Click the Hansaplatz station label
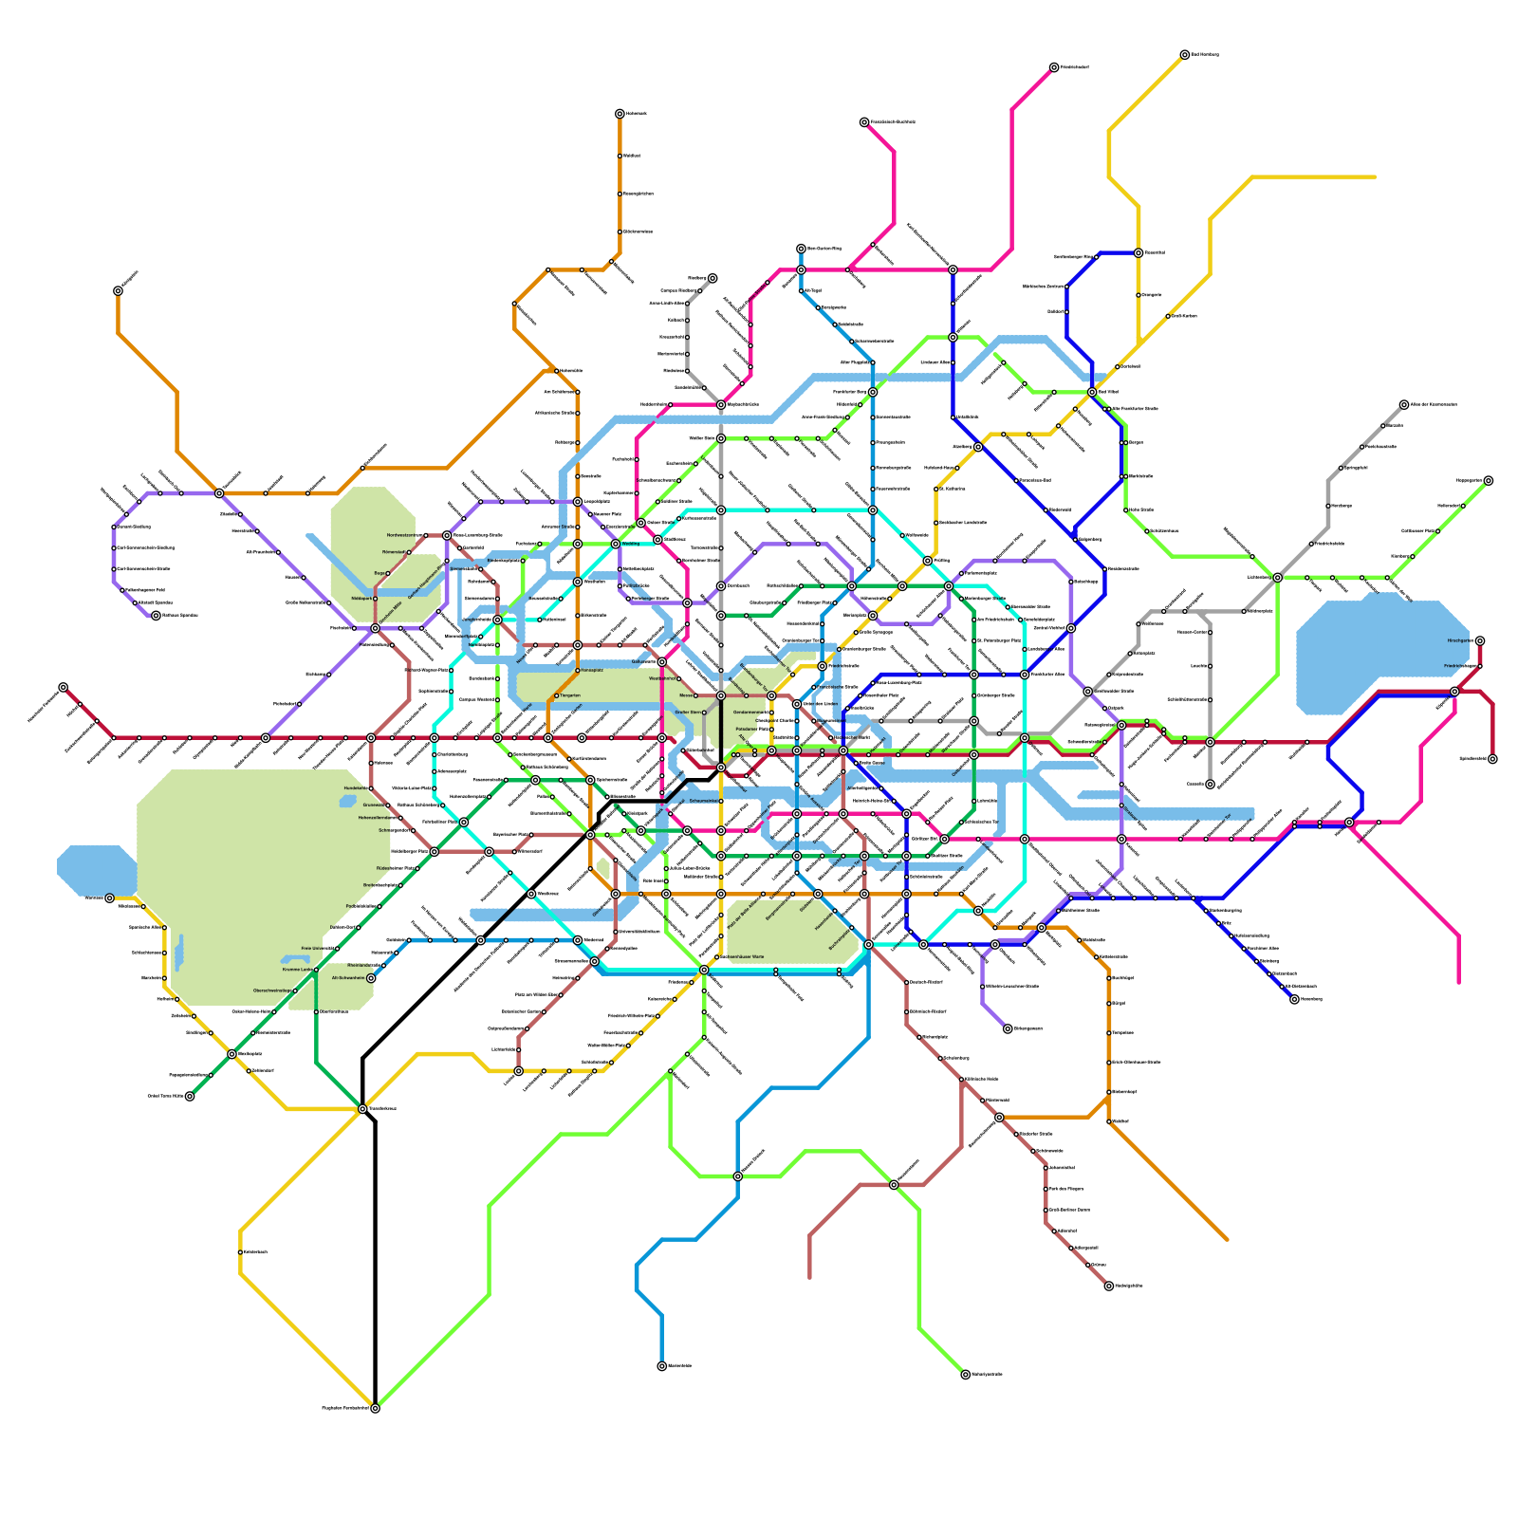click(591, 670)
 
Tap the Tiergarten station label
click(570, 695)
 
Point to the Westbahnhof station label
click(662, 678)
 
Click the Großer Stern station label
click(688, 711)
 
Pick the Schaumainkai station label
click(704, 801)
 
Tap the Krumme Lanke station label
click(296, 970)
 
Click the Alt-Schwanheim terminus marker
click(371, 978)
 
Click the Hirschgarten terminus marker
click(1479, 641)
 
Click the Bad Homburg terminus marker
click(1184, 55)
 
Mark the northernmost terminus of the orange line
click(620, 114)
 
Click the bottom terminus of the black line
click(375, 1408)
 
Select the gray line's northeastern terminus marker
click(1404, 404)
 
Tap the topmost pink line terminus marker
click(1054, 67)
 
